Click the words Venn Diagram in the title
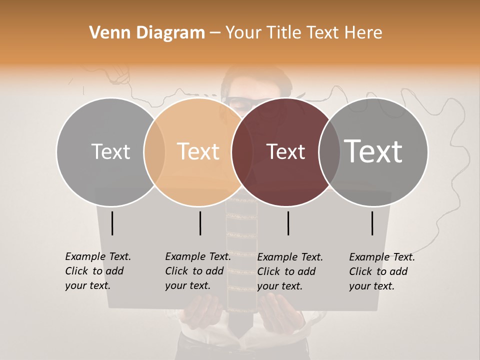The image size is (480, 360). click(x=147, y=33)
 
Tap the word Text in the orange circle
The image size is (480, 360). click(x=198, y=151)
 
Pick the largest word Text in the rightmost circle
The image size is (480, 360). click(x=373, y=151)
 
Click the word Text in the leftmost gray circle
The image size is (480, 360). click(x=110, y=151)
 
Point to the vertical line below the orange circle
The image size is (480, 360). click(x=200, y=223)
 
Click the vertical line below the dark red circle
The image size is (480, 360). click(x=288, y=223)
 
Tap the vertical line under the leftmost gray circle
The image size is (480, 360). click(x=112, y=223)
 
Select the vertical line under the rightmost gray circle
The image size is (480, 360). click(x=372, y=223)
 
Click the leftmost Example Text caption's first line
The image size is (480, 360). click(x=98, y=256)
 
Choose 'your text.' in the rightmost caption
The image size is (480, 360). click(x=371, y=286)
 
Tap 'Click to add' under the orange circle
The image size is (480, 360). click(x=194, y=271)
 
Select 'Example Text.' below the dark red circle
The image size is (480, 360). click(x=290, y=257)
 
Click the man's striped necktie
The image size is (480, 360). click(x=241, y=260)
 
